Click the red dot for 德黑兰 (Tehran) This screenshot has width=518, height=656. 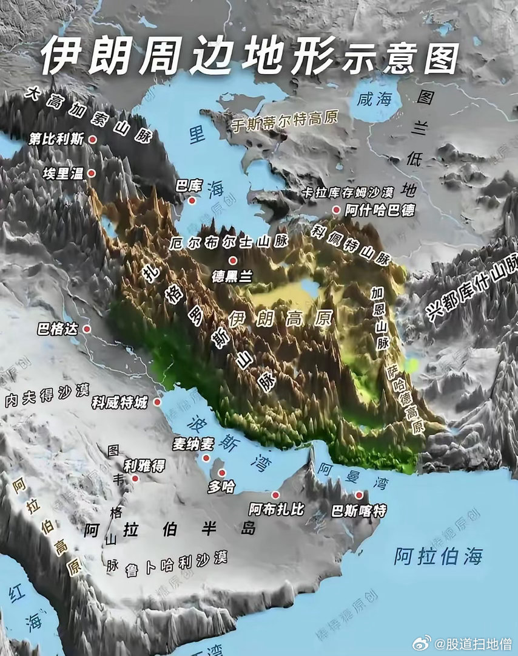point(232,261)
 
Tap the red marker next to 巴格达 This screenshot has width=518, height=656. point(87,329)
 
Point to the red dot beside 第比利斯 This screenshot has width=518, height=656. point(93,139)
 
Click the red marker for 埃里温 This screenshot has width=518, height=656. point(91,173)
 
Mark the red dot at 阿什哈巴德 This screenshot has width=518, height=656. point(336,210)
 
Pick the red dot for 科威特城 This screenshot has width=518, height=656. point(157,402)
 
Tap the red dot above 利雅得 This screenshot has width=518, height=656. point(135,478)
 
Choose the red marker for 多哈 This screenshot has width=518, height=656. point(221,473)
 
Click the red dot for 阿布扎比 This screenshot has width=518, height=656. point(275,494)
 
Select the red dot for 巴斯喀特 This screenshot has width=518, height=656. point(358,495)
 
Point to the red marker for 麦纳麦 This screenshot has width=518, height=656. point(206,458)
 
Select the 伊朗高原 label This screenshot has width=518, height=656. point(281,318)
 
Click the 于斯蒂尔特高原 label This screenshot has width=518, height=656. point(284,120)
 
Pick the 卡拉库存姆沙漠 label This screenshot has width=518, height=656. point(348,192)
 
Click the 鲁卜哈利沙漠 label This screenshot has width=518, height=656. point(176,561)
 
